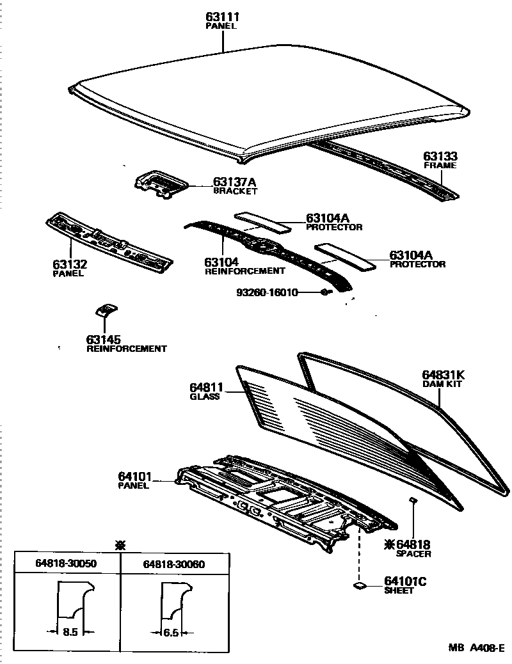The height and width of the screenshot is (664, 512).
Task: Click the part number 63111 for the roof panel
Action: click(223, 17)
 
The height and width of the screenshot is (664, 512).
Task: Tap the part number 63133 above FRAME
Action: click(440, 156)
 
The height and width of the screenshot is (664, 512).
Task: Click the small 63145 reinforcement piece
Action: click(104, 310)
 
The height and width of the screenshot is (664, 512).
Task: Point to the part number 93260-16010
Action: click(276, 292)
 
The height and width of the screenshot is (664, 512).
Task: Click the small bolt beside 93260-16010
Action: click(325, 292)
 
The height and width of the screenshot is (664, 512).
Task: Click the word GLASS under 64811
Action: click(204, 397)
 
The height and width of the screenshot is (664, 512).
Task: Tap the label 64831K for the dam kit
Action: click(442, 375)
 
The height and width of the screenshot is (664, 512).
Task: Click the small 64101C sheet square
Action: click(359, 585)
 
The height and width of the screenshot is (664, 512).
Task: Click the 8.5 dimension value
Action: click(71, 633)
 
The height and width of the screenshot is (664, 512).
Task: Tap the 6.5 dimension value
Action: click(171, 633)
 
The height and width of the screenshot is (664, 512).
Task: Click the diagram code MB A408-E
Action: click(475, 647)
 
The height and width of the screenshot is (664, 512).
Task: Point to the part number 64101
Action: click(134, 476)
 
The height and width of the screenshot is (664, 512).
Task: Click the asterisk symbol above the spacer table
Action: click(119, 544)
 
